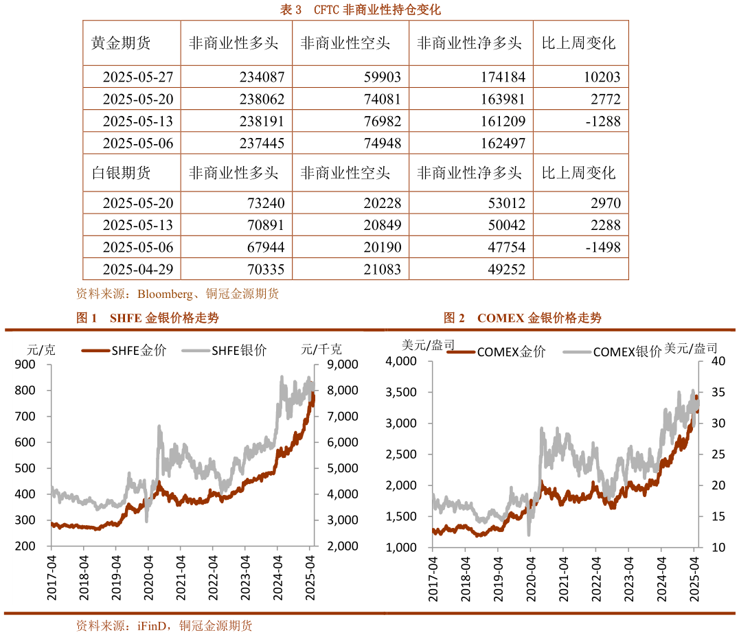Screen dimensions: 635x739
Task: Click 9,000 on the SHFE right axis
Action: (x=333, y=365)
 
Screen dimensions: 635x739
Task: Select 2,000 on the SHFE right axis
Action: (x=333, y=546)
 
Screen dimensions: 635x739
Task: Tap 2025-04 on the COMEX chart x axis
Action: (x=694, y=578)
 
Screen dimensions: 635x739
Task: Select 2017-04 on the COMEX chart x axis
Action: (x=433, y=578)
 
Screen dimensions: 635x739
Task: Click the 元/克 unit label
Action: (x=41, y=349)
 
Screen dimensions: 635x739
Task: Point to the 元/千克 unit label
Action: (x=317, y=349)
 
